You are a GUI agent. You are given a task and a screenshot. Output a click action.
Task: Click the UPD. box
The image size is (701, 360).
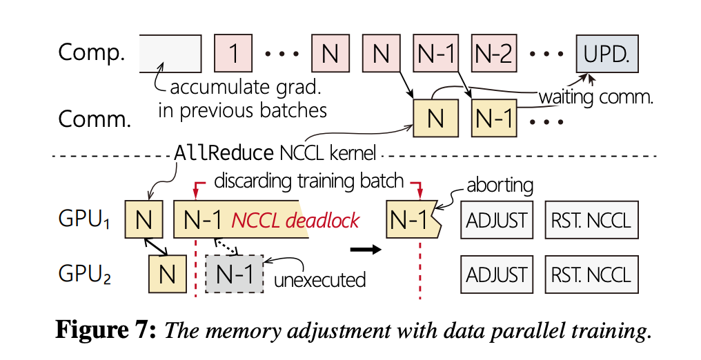[x=606, y=53]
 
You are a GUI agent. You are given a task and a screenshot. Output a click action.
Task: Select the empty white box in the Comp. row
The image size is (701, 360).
[x=170, y=53]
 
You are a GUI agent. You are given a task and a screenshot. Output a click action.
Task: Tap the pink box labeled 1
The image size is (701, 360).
[x=235, y=53]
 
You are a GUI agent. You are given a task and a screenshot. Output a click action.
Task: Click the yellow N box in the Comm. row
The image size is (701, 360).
[x=435, y=118]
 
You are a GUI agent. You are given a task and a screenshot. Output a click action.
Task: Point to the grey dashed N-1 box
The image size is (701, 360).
[x=235, y=274]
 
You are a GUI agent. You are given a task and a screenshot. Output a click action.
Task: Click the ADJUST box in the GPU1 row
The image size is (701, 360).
[x=497, y=220]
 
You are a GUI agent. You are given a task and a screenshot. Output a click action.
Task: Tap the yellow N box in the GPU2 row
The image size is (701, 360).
[x=167, y=274]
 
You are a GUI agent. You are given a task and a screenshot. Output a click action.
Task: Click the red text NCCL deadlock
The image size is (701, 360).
[x=295, y=220]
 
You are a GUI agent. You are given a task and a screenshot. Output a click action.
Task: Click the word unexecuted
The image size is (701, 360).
[x=319, y=280]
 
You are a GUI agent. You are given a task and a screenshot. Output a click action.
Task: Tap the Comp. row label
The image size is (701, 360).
[x=91, y=53]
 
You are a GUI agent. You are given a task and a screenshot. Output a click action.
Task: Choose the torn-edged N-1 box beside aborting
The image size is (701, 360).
[x=412, y=220]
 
